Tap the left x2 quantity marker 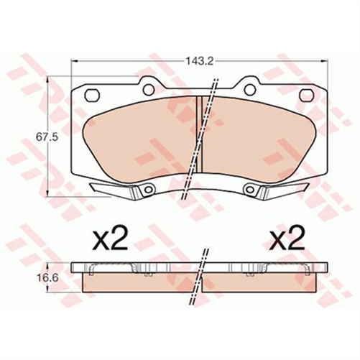click(x=111, y=238)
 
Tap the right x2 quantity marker click(x=287, y=238)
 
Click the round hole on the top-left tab click(x=149, y=91)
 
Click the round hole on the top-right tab click(x=249, y=91)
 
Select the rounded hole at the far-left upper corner click(x=91, y=94)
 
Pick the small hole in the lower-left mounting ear click(x=147, y=190)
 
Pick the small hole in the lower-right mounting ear click(x=251, y=190)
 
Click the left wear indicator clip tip click(x=97, y=188)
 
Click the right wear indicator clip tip click(x=301, y=188)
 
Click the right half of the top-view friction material click(x=259, y=140)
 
